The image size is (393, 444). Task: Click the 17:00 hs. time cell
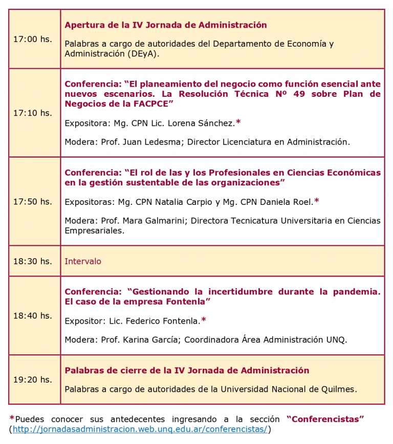[33, 39]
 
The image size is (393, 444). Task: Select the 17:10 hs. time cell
[33, 113]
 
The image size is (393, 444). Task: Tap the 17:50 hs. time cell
[33, 201]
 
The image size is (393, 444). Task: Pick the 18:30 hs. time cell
[33, 261]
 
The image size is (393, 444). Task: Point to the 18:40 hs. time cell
[33, 315]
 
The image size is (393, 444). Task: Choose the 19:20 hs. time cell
[33, 379]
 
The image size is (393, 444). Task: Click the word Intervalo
[83, 261]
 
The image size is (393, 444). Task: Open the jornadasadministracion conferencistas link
[140, 429]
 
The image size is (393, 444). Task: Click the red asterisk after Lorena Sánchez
[238, 122]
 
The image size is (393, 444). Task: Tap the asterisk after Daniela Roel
[317, 201]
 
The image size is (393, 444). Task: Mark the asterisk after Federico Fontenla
[204, 321]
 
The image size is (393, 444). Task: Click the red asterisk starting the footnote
[12, 419]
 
